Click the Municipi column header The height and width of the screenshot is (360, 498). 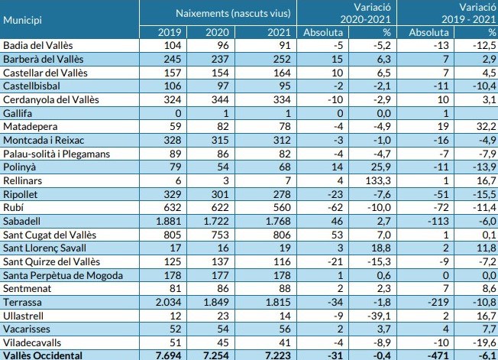(23, 17)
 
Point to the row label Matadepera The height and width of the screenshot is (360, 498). (31, 126)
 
